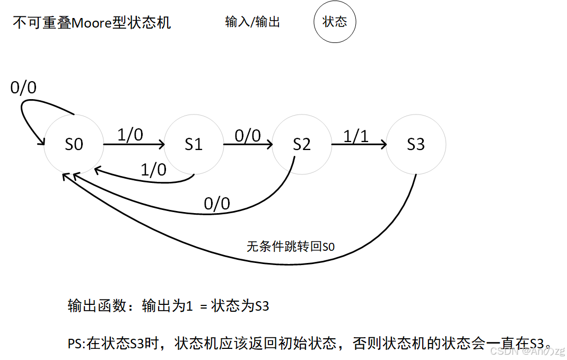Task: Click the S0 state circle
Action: (x=74, y=144)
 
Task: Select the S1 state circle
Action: (x=194, y=144)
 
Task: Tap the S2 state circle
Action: (x=302, y=144)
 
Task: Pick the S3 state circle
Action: (x=416, y=144)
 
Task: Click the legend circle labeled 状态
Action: (x=335, y=22)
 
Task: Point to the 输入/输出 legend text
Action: (x=252, y=22)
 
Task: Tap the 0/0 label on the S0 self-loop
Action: (x=23, y=87)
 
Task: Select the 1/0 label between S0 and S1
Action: (x=130, y=135)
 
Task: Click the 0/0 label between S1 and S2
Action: (x=248, y=136)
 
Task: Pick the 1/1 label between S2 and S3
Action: (x=356, y=136)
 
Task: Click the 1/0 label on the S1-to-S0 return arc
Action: (x=153, y=170)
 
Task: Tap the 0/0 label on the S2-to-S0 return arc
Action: (x=217, y=203)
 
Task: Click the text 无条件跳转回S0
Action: (x=291, y=247)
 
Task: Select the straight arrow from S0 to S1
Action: (x=134, y=144)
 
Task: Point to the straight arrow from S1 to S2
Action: (x=248, y=144)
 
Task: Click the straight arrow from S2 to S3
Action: (x=359, y=144)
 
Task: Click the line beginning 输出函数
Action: (x=169, y=306)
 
